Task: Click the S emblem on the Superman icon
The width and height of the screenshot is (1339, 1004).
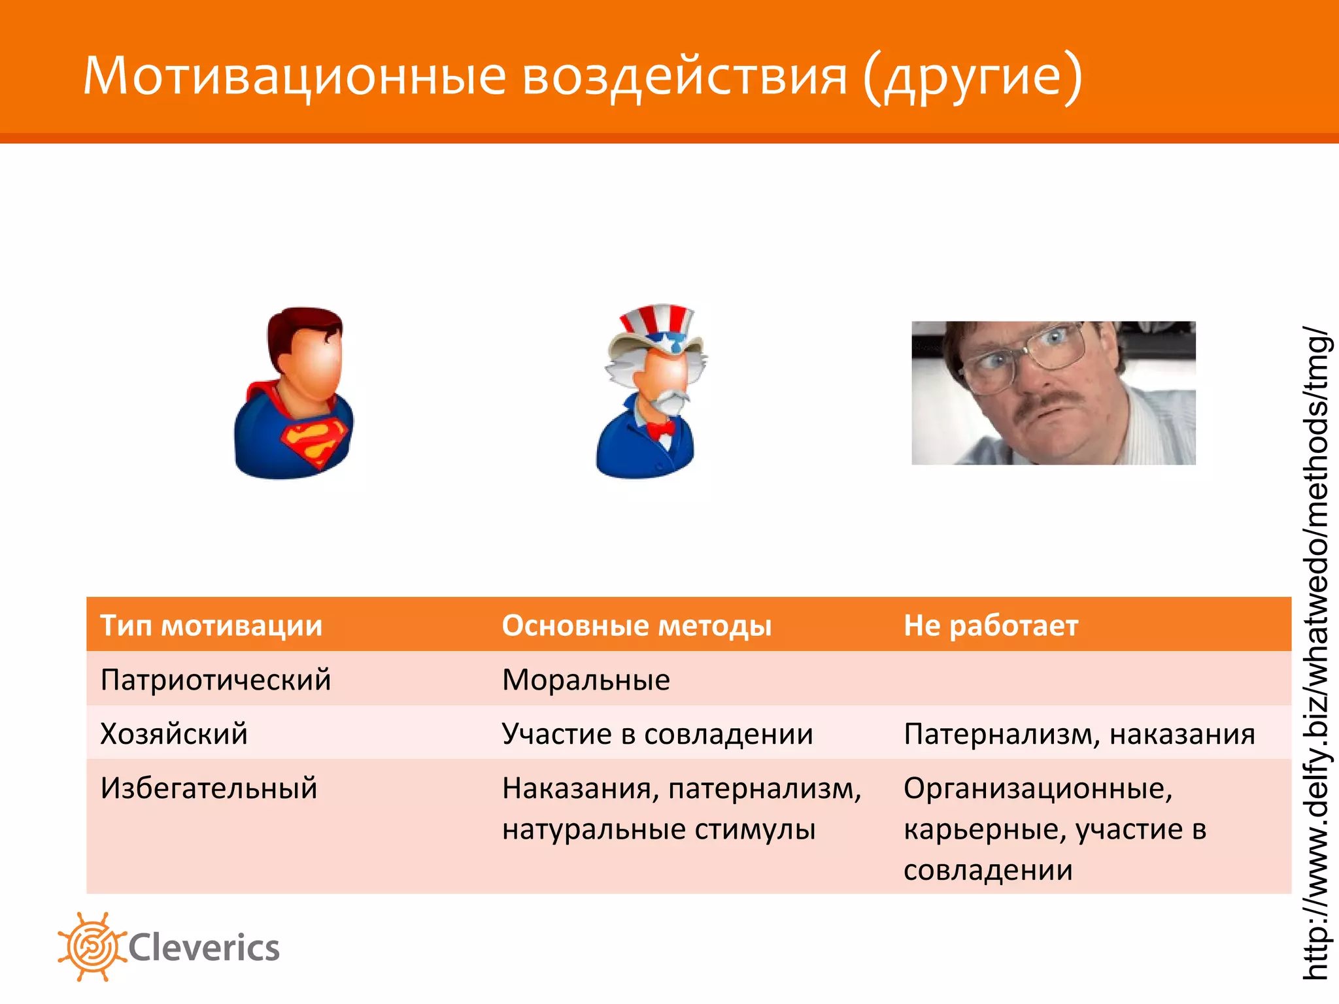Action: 313,442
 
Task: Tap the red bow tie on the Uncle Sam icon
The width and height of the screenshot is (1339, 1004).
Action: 660,429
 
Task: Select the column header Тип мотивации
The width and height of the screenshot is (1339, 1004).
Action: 211,626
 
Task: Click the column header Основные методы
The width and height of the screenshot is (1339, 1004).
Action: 636,626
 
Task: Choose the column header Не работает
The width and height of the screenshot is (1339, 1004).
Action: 991,626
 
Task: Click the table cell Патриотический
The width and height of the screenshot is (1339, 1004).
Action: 216,680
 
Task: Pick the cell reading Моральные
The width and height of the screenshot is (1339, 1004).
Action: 586,680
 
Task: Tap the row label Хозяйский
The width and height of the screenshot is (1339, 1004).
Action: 174,733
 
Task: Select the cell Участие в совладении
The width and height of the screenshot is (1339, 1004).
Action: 657,733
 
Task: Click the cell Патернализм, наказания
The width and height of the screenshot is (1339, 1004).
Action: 1079,733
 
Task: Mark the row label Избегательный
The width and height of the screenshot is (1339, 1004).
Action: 209,788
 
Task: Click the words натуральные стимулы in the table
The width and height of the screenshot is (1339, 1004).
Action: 658,829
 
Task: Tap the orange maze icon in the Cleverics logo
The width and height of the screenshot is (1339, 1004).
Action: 92,946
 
